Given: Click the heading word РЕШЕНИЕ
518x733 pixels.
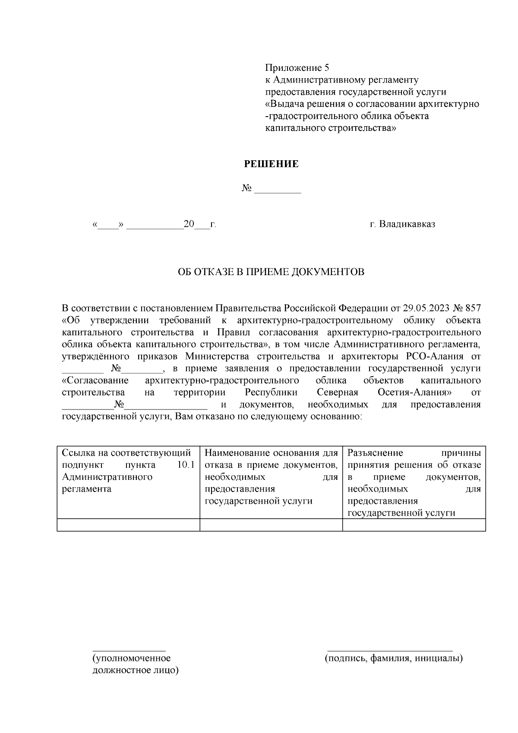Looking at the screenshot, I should [271, 164].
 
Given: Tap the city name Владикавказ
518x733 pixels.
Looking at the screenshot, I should [407, 224].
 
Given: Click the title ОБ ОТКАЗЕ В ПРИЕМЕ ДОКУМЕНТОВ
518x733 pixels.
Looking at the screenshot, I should [271, 272].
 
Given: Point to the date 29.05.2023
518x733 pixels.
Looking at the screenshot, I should [426, 308].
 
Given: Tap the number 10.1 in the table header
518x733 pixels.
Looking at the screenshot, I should [186, 465].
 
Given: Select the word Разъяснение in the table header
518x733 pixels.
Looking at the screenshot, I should [375, 453].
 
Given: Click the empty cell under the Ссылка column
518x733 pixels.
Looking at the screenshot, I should [128, 525].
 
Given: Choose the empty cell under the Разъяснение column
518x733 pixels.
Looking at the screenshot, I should [414, 525].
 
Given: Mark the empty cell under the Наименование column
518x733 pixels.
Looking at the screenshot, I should [271, 525].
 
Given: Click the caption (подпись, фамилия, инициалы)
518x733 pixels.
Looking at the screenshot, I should [394, 658].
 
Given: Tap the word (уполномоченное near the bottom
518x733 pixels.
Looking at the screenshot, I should [132, 658].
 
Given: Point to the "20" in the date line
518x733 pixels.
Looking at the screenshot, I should [189, 224].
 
